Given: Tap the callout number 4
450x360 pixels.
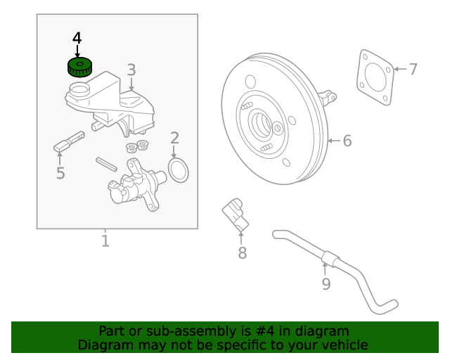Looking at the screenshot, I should pyautogui.click(x=77, y=37).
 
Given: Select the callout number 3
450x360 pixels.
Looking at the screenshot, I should pyautogui.click(x=131, y=69).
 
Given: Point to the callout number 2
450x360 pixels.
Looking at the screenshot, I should pyautogui.click(x=174, y=138).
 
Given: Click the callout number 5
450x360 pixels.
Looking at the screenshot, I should pyautogui.click(x=60, y=172).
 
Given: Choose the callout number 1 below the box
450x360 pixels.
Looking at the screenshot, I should pyautogui.click(x=105, y=241).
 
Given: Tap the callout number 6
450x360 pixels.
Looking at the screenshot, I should pyautogui.click(x=347, y=141).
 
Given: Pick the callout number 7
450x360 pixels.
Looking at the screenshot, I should pyautogui.click(x=413, y=69).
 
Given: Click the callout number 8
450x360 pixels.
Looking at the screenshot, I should pyautogui.click(x=242, y=252).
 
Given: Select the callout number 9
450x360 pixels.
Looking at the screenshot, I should pyautogui.click(x=326, y=283).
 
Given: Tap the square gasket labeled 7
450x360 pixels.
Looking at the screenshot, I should pyautogui.click(x=374, y=77).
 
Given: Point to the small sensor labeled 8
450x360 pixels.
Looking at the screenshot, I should pyautogui.click(x=236, y=214).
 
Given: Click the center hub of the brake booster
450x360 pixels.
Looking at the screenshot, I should pyautogui.click(x=264, y=124).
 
